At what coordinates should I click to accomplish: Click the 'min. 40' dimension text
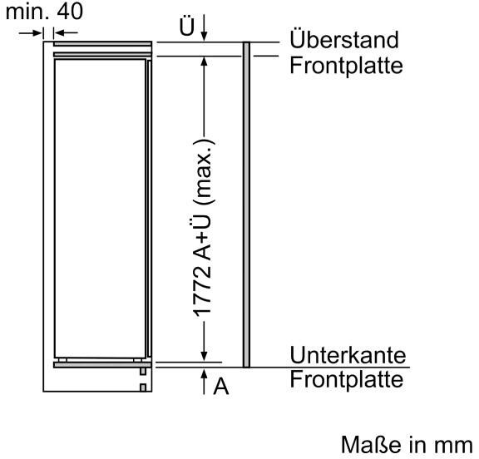tap(44, 12)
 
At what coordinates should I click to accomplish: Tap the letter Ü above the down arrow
tap(186, 26)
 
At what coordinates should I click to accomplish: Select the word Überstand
tap(344, 39)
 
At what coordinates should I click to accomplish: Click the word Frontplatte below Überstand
tap(346, 66)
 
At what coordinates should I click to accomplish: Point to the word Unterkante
tap(348, 355)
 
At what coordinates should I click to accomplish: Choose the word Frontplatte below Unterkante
tap(346, 379)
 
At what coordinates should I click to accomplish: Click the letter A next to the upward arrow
tap(221, 387)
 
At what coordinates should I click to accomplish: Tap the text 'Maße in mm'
tap(407, 445)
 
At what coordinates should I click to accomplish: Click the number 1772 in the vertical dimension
tap(202, 291)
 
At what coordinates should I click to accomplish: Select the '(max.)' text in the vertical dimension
tap(204, 172)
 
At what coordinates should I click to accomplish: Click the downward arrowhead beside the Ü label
tap(205, 36)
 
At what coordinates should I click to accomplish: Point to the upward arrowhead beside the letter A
tap(205, 374)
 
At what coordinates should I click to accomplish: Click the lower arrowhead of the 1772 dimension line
tap(205, 357)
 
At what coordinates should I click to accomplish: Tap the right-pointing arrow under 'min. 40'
tap(30, 32)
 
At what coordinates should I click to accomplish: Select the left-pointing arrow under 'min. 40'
tap(66, 32)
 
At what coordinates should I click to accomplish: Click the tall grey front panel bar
tap(246, 205)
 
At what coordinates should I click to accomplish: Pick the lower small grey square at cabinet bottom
tap(143, 387)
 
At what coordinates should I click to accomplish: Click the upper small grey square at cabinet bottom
tap(143, 372)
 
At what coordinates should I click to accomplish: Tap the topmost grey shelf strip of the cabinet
tap(102, 44)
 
